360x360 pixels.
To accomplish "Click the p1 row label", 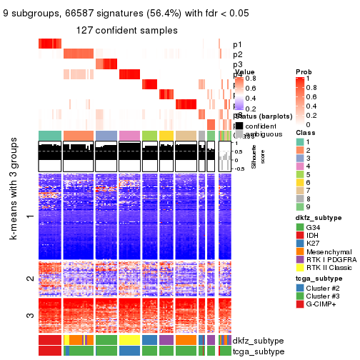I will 237,44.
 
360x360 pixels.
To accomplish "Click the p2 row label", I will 237,54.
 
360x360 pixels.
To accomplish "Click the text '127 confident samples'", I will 127,29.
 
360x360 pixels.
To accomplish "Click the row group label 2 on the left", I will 29,279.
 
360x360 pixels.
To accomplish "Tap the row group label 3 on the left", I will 29,315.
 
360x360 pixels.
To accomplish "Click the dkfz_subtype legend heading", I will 314,217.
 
